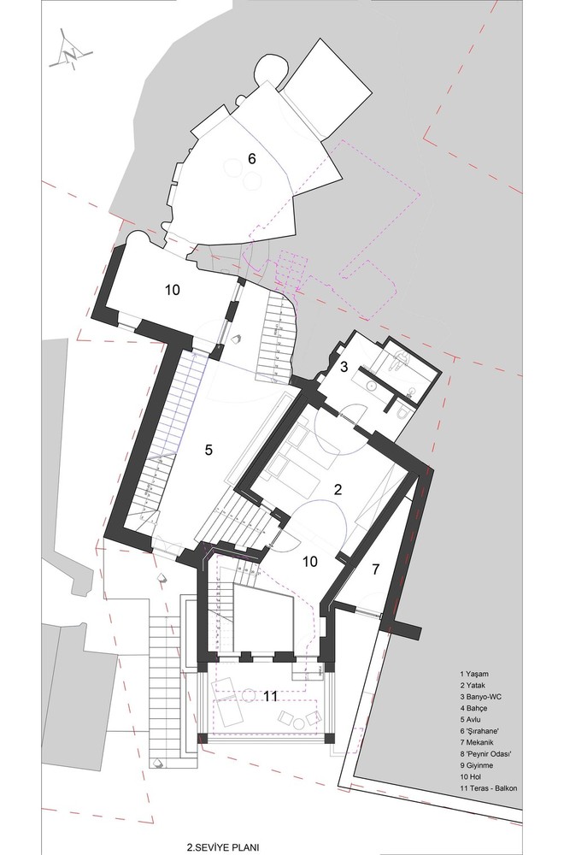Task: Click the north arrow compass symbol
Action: pos(70,53)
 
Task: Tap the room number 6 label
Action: pos(251,159)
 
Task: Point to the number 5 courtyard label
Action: pos(209,450)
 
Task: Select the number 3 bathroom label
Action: pos(344,367)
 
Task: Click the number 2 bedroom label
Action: pos(338,489)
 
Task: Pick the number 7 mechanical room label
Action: pos(375,569)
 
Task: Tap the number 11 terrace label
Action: pos(270,696)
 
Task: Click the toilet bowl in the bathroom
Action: pos(402,413)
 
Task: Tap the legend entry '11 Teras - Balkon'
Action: pos(488,788)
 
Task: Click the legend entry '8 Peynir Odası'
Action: pos(486,754)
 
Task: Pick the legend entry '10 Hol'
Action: pos(471,777)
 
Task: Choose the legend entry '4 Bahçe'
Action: pos(473,708)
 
